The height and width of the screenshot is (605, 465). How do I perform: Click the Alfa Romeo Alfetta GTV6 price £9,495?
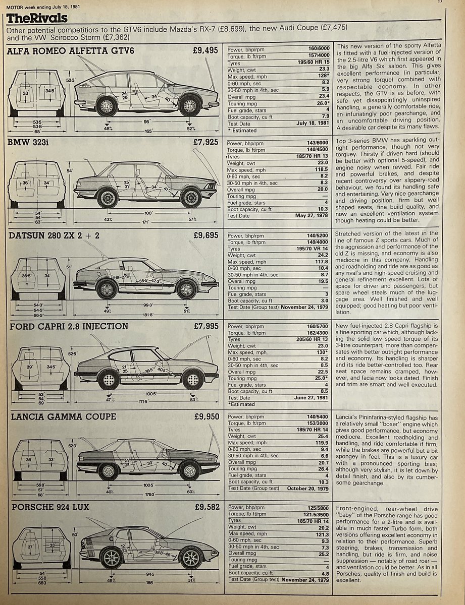(205, 50)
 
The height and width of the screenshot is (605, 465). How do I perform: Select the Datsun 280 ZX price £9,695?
(205, 235)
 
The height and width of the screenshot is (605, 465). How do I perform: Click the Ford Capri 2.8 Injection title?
(69, 326)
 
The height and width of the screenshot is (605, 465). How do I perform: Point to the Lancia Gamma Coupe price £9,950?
(205, 416)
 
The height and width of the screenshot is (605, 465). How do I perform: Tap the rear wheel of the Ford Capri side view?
(109, 379)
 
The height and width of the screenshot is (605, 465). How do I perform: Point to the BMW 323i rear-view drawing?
(39, 183)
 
